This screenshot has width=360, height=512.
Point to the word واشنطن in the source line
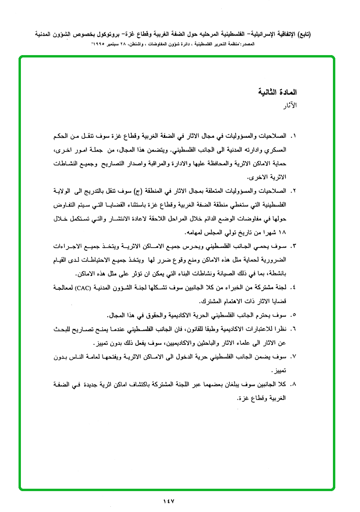(x=146, y=44)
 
